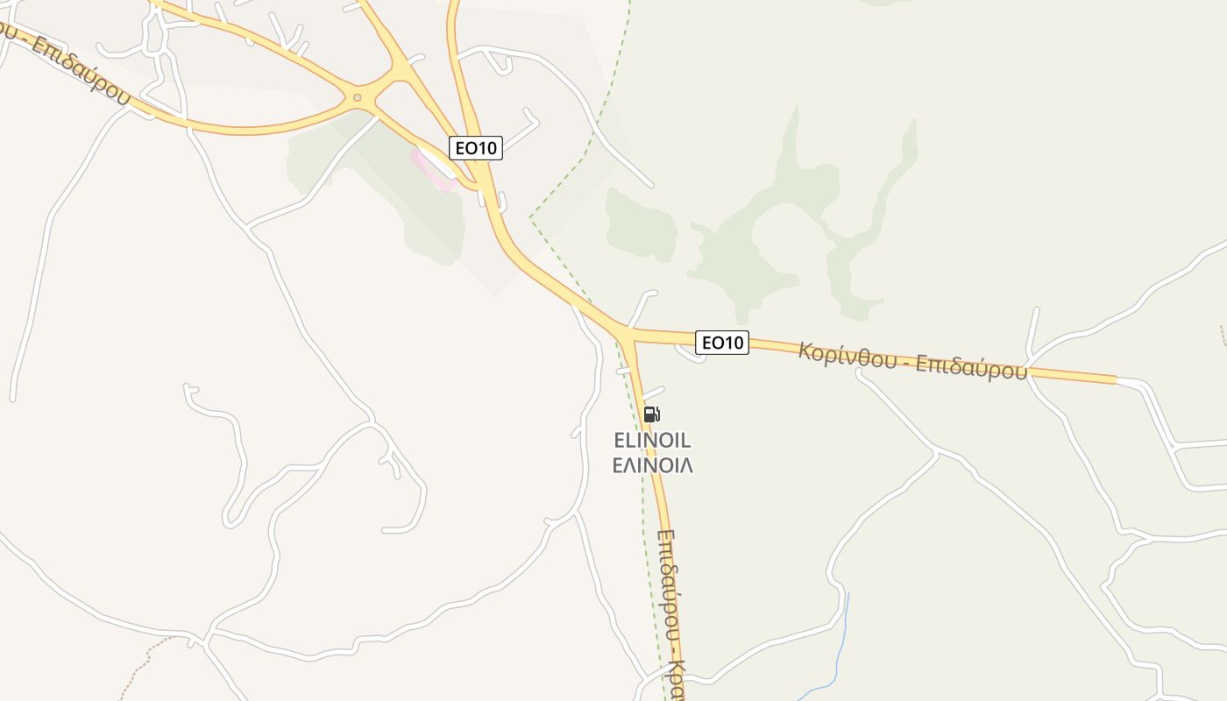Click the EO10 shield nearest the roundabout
475,148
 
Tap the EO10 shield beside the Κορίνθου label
722,343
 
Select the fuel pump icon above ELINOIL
650,414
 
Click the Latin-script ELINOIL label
652,440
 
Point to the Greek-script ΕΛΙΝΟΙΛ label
652,465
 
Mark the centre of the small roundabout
357,97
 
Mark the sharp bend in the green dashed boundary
530,217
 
